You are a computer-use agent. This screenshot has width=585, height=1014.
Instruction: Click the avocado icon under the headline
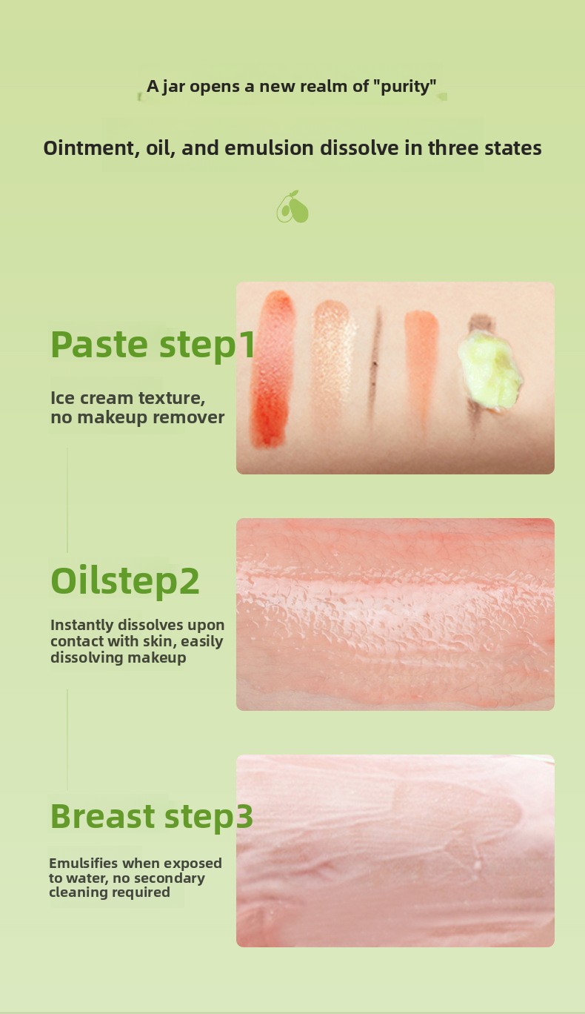click(292, 207)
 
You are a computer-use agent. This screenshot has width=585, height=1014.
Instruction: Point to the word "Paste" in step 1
click(99, 345)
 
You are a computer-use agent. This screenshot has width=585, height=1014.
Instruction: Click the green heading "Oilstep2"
click(125, 581)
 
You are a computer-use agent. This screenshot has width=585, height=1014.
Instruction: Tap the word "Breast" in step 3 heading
click(103, 816)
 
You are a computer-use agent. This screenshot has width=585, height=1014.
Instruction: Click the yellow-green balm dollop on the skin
click(490, 370)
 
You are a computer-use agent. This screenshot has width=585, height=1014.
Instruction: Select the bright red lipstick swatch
click(273, 368)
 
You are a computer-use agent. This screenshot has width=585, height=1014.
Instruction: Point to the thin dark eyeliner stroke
click(375, 361)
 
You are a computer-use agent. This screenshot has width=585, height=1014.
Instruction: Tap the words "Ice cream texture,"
click(128, 398)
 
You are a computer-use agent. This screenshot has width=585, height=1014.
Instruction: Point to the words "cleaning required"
click(110, 892)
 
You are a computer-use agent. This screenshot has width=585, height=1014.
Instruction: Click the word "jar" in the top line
click(173, 87)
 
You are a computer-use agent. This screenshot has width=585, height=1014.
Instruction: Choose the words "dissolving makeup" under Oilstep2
click(118, 657)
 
